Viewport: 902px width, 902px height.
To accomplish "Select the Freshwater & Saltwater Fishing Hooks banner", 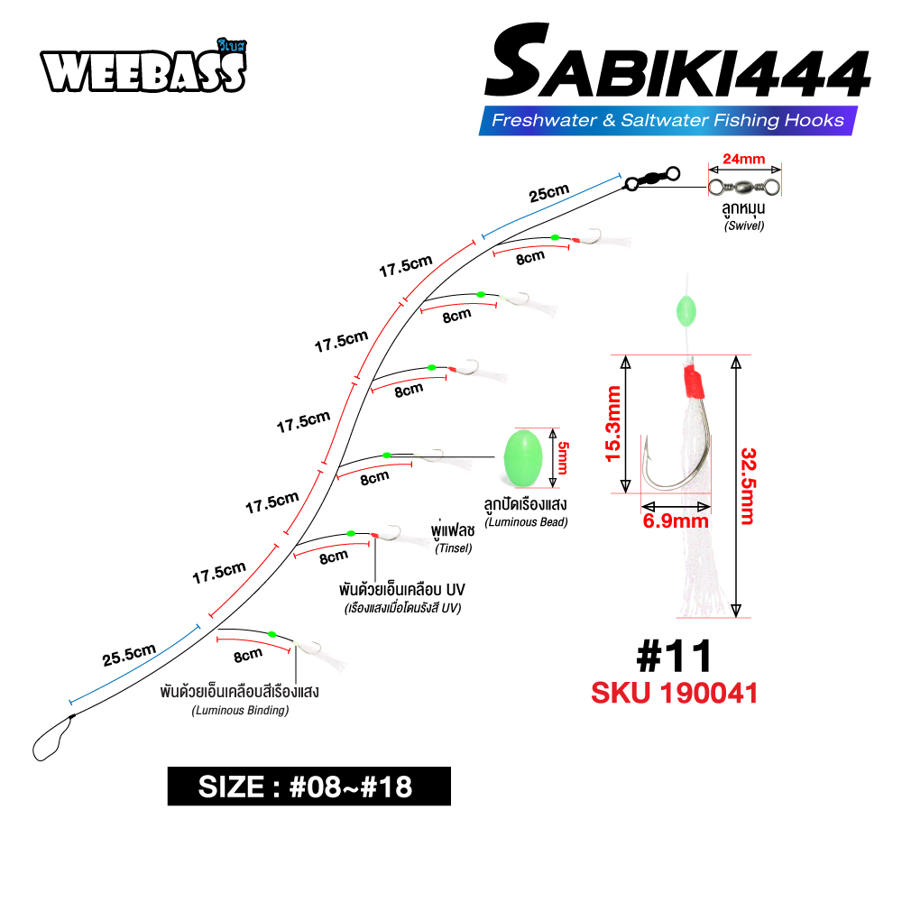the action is [x=667, y=120].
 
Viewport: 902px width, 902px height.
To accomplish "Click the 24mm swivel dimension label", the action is [x=744, y=159].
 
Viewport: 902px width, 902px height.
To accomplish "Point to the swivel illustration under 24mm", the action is [x=744, y=187].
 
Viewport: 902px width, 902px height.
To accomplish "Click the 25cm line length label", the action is [x=548, y=193].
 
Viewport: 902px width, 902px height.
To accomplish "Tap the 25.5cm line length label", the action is [x=129, y=655].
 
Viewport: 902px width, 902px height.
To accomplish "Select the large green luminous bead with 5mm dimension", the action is [x=523, y=458].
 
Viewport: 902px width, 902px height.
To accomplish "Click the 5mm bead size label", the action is [x=563, y=458].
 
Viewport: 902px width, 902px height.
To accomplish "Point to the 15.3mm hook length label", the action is [x=613, y=424].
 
